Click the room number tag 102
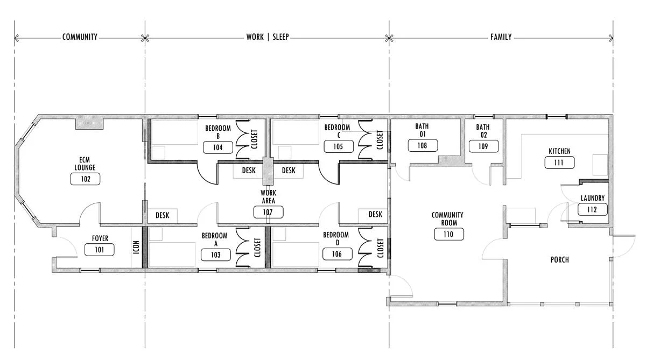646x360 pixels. coord(86,179)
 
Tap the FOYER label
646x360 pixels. coord(100,238)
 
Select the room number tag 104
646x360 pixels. coord(217,147)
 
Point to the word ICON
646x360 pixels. coord(136,248)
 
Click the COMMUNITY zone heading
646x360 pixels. coord(80,37)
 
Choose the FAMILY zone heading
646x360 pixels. coord(501,37)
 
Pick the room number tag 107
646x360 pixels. coord(268,213)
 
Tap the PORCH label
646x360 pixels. coord(560,260)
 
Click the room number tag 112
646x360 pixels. coord(592,209)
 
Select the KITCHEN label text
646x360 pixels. coord(559,151)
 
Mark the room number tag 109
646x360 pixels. coord(483,146)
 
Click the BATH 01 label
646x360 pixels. coord(422,130)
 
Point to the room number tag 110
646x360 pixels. coord(449,234)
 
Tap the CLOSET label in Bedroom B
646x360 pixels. coord(254,139)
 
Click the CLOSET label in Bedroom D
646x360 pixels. coord(381,248)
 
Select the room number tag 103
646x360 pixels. coord(216,255)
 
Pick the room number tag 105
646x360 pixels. coord(338,147)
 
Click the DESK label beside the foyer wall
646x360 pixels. coord(163,215)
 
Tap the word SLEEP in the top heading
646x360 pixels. coord(280,37)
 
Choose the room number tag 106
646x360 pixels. coord(337,254)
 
